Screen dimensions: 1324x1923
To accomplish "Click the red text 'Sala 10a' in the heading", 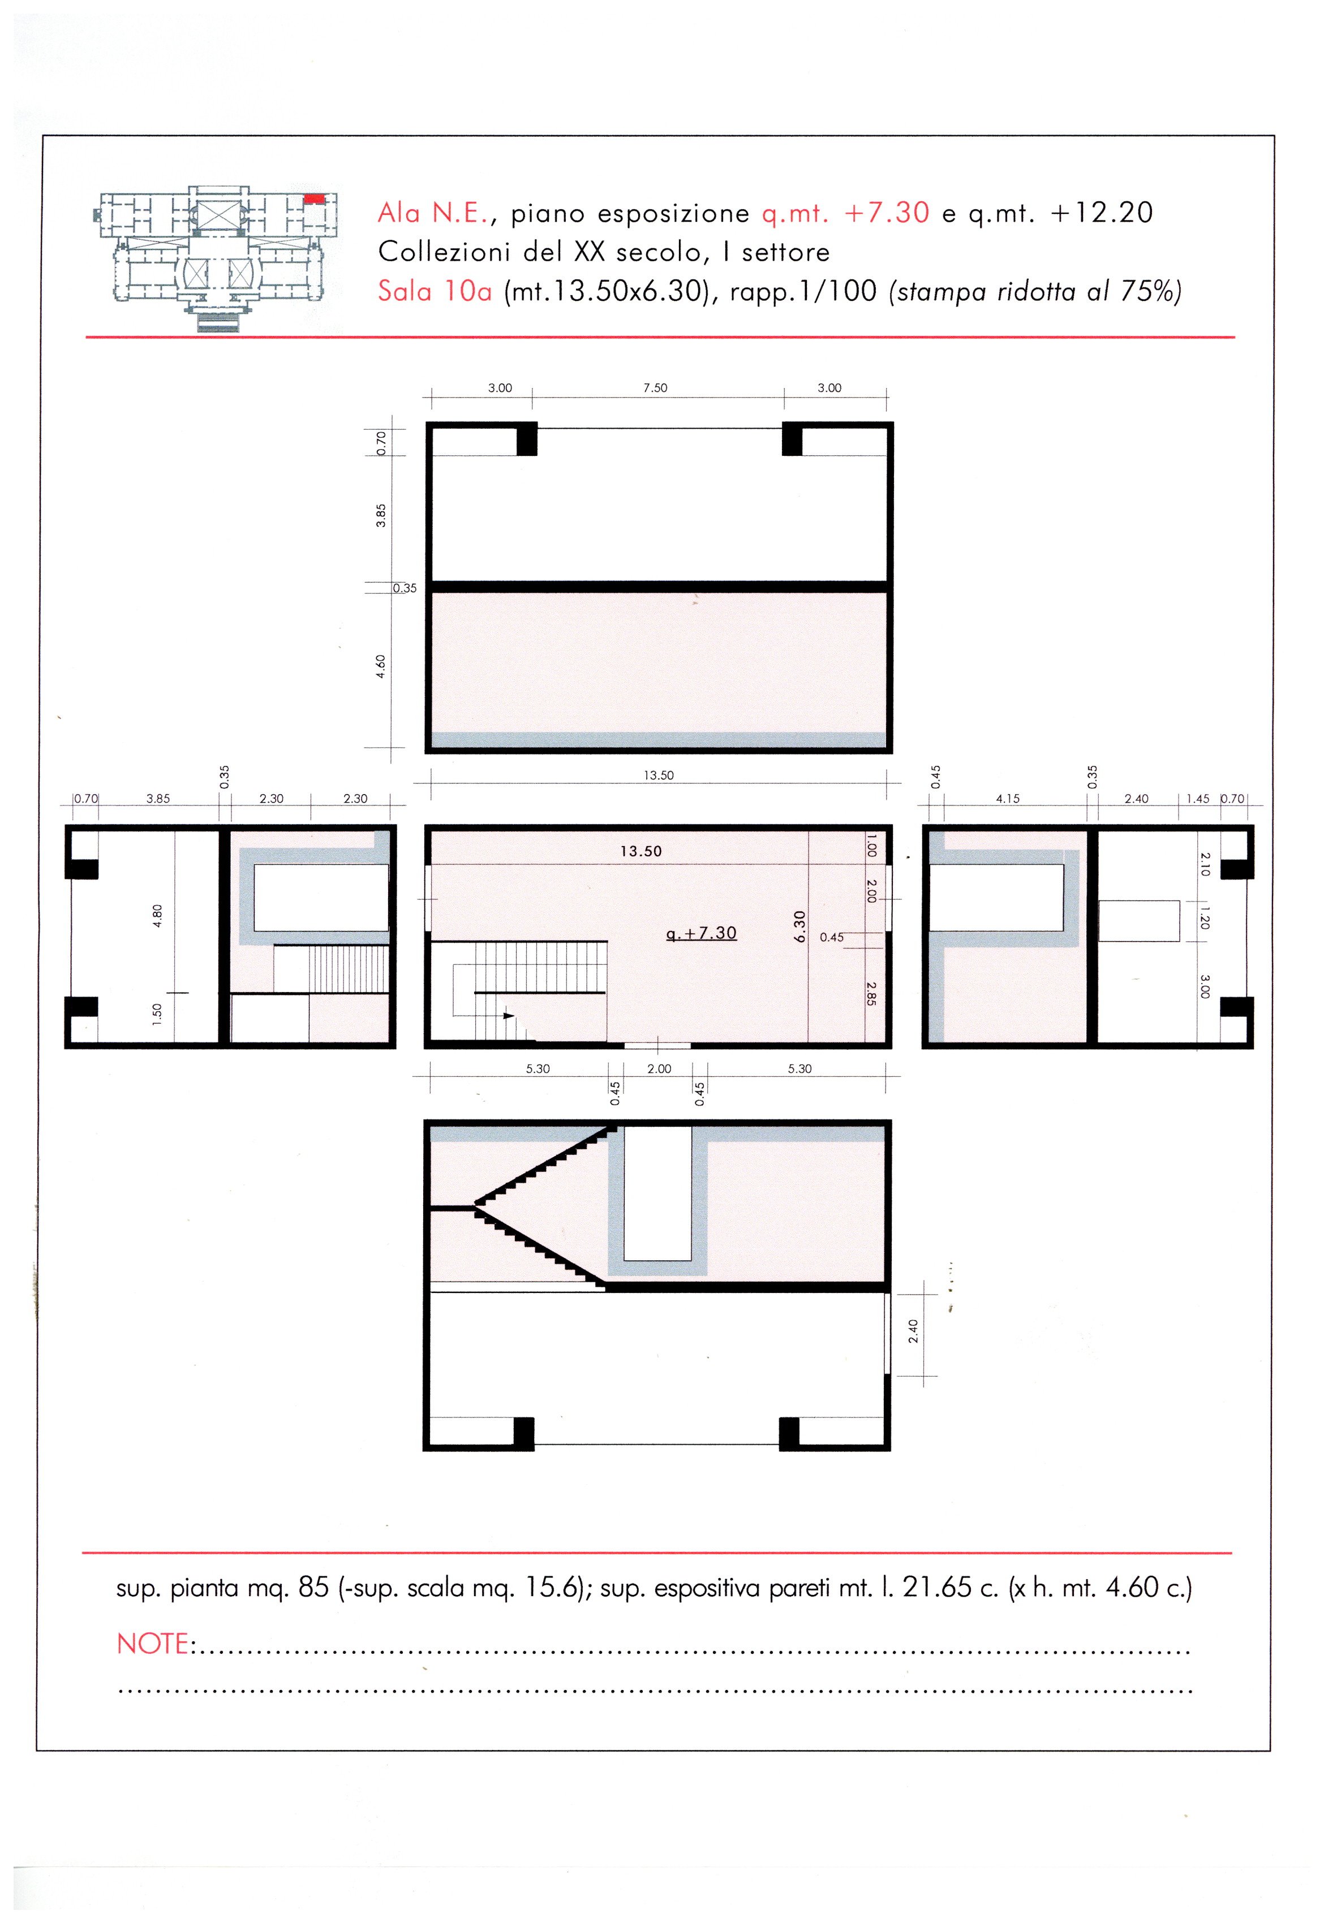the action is point(435,291).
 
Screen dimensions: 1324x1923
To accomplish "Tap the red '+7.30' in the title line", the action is point(887,213).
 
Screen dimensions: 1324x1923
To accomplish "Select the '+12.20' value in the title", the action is point(1102,213).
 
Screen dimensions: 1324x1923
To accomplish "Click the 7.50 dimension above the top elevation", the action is point(655,387).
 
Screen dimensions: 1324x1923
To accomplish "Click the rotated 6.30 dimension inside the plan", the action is point(799,926).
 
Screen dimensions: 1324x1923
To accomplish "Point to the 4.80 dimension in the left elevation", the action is point(158,916).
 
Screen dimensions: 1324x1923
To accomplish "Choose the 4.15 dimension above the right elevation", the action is point(1008,799).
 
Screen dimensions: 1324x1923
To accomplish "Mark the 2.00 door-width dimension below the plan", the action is point(660,1069).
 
